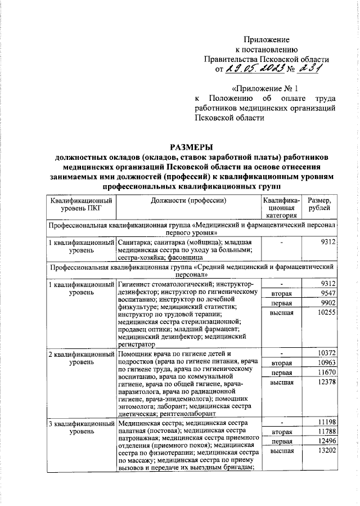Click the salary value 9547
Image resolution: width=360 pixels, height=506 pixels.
327,294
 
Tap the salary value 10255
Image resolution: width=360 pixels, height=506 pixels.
326,312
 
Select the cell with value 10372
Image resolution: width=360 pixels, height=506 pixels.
326,353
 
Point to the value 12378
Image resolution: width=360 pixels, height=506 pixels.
326,382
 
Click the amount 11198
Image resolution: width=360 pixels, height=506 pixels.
326,422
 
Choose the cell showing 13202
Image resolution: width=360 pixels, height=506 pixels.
326,451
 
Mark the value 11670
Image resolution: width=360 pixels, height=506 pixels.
326,373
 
